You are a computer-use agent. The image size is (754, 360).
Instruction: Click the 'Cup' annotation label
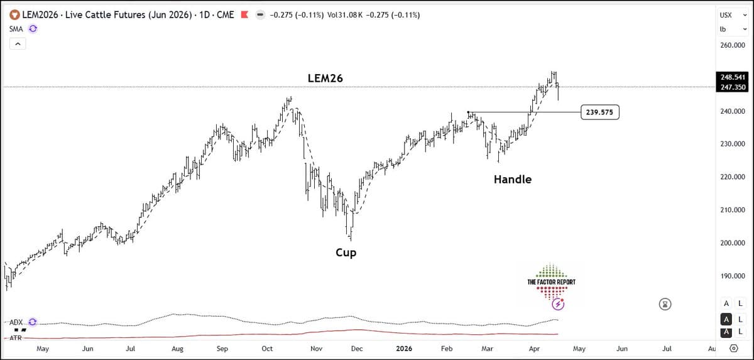[x=346, y=253]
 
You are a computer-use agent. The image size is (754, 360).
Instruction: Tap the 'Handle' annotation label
[x=512, y=179]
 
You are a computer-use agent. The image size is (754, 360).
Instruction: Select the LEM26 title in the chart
[x=325, y=78]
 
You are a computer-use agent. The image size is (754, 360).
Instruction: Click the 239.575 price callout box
[x=600, y=112]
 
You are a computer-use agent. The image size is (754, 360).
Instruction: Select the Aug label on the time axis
[x=178, y=347]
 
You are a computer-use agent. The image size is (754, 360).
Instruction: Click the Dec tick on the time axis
[x=356, y=347]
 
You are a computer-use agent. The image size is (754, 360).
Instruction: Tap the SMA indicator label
[x=16, y=28]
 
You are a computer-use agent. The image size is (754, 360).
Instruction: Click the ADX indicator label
[x=16, y=322]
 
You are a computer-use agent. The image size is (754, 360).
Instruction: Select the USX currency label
[x=726, y=14]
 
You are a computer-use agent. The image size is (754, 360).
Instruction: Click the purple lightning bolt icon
[x=558, y=305]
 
